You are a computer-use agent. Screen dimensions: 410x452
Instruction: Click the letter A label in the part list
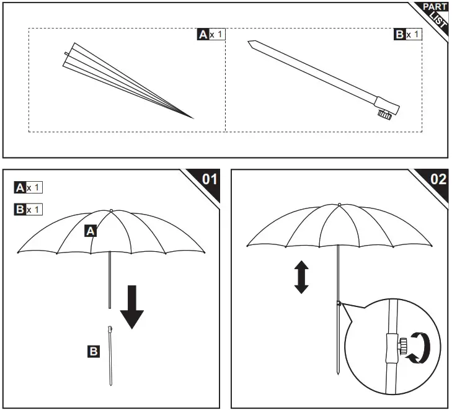203,35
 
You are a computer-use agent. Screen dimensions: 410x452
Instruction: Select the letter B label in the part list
400,34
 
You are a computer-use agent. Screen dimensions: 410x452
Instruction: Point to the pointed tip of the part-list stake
249,44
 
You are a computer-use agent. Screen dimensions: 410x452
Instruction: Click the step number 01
210,179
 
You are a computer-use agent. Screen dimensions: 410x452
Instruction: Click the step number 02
438,179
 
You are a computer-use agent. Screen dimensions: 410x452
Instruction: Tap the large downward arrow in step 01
131,306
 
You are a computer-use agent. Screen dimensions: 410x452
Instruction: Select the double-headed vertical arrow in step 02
301,277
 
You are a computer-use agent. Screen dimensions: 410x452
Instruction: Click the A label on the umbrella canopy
91,231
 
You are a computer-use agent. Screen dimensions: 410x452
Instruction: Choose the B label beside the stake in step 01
93,352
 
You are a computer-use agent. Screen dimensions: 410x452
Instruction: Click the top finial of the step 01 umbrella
110,210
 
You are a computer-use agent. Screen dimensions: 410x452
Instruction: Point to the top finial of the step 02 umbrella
339,204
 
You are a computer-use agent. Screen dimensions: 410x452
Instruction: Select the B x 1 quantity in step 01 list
29,209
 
